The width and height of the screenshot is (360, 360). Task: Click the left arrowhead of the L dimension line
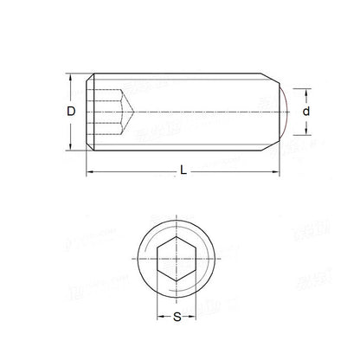88,175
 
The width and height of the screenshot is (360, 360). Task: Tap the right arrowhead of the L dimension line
286,175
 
